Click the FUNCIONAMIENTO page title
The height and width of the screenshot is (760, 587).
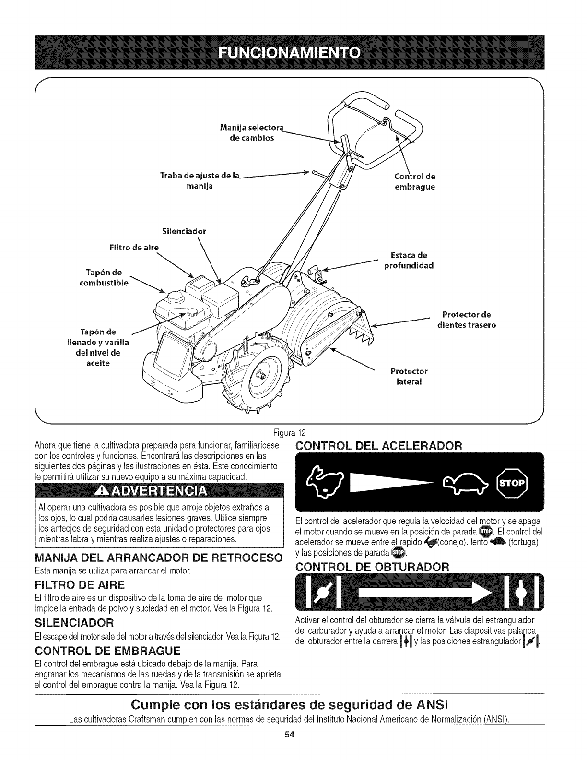tap(293, 52)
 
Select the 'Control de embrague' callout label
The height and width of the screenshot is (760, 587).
tap(414, 181)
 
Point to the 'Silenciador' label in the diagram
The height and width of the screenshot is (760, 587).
tap(184, 231)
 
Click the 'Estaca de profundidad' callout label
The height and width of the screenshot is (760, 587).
tap(409, 260)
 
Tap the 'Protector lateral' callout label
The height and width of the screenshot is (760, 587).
tap(408, 377)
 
